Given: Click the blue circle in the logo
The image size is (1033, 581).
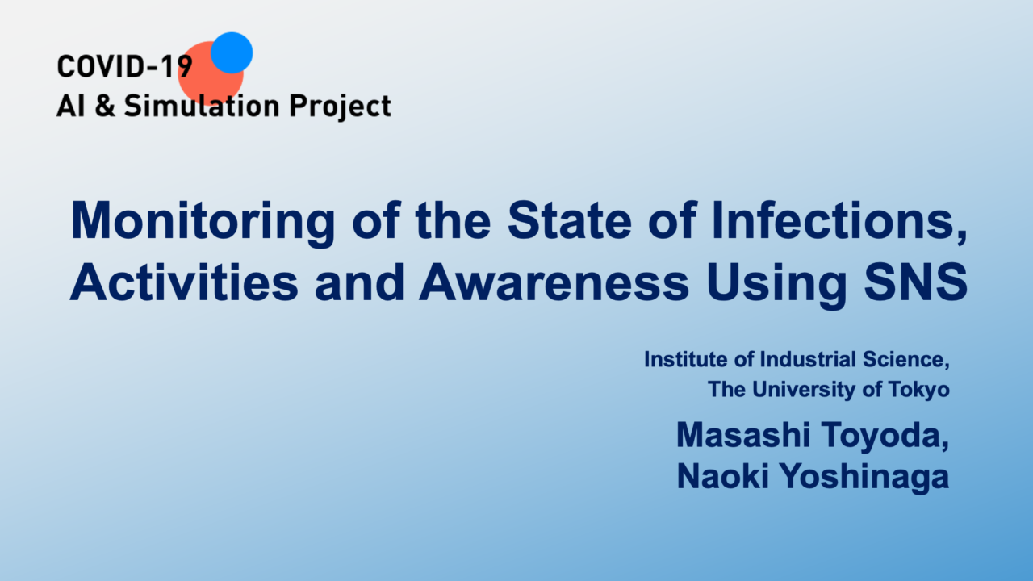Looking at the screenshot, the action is (232, 52).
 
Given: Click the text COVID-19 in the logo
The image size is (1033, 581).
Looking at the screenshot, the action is (124, 66).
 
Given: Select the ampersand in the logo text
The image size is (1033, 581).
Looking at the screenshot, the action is (105, 105).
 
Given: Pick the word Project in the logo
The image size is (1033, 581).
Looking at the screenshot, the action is (340, 107).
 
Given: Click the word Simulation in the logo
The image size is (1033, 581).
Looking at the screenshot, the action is (202, 105).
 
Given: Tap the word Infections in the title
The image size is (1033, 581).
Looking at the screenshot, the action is (839, 221).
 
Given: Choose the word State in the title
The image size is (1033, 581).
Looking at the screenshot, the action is (570, 220).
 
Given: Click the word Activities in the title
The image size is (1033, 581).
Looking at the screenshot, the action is (184, 282).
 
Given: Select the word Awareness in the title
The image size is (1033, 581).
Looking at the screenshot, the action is (554, 282).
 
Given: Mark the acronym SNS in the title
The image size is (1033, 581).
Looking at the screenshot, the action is (915, 282).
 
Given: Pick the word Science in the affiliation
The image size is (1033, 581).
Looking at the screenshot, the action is (906, 360).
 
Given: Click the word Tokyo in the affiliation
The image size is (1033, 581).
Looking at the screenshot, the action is (919, 390).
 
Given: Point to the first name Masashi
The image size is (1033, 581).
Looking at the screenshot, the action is (743, 435).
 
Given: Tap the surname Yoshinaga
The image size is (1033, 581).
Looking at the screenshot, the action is (864, 477).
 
